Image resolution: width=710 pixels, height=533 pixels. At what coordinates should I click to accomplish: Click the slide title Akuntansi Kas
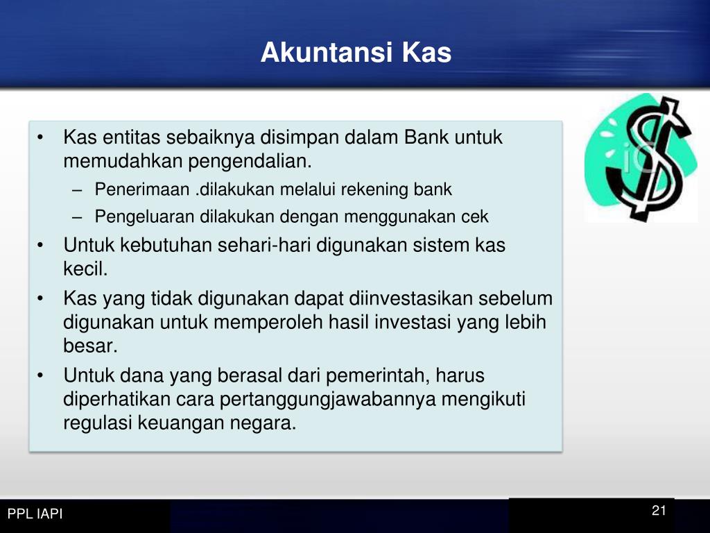(x=356, y=52)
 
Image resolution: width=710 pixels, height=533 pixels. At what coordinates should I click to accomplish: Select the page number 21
(x=659, y=510)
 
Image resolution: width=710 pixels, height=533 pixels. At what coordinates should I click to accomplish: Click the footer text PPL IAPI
(x=35, y=514)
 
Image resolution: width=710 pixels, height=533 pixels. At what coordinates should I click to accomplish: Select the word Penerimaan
(x=141, y=189)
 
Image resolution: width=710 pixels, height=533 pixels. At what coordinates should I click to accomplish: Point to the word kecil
(x=85, y=269)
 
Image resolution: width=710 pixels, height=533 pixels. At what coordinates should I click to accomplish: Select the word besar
(x=90, y=346)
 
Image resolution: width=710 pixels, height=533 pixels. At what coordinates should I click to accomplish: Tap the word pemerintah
(x=378, y=376)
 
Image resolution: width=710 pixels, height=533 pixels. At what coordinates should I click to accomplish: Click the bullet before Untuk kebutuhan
(x=40, y=245)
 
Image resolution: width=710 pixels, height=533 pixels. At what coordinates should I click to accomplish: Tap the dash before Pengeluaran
(x=77, y=217)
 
